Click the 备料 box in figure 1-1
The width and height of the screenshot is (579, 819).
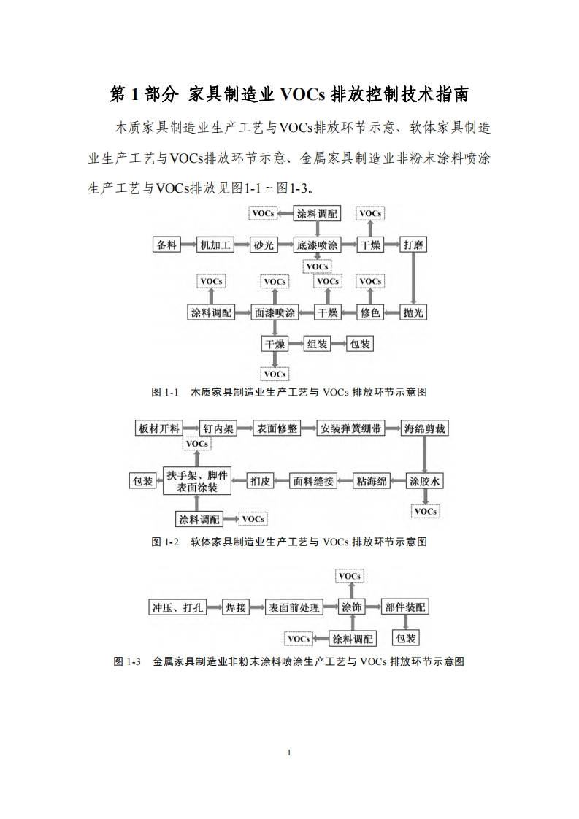pyautogui.click(x=167, y=245)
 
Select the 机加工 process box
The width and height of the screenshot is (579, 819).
pyautogui.click(x=216, y=245)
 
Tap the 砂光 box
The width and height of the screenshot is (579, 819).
pyautogui.click(x=264, y=245)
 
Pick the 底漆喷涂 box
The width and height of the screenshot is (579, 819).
pyautogui.click(x=318, y=245)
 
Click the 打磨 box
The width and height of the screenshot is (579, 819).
pyautogui.click(x=413, y=245)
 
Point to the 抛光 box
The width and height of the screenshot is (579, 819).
pyautogui.click(x=413, y=312)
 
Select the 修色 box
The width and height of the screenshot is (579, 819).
pyautogui.click(x=370, y=312)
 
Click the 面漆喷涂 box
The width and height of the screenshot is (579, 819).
pyautogui.click(x=275, y=312)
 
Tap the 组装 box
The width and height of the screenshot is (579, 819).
pyautogui.click(x=316, y=344)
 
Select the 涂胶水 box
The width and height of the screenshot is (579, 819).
pyautogui.click(x=425, y=481)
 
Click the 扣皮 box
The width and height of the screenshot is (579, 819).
pyautogui.click(x=260, y=481)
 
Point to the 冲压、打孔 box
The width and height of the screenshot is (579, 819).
pyautogui.click(x=177, y=607)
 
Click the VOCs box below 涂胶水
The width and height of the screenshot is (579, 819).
pyautogui.click(x=425, y=512)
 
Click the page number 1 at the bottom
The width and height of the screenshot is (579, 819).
pyautogui.click(x=290, y=753)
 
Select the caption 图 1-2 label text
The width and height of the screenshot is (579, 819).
pyautogui.click(x=166, y=542)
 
